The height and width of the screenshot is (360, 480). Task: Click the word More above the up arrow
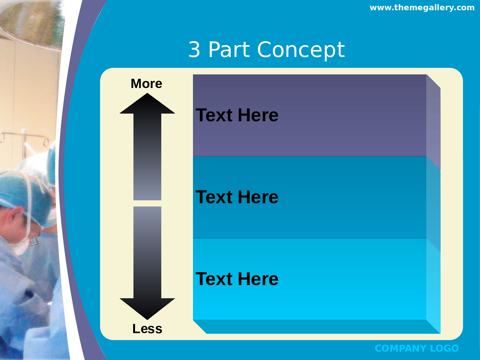point(146,84)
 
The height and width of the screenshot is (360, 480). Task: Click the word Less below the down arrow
point(147,329)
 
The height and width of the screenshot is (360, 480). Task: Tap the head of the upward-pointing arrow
point(147,103)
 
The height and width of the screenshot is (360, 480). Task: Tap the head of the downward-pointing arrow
point(147,308)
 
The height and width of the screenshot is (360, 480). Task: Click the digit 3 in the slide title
point(194,50)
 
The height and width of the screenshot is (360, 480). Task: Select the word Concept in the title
point(301,50)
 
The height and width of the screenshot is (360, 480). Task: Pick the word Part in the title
point(229,50)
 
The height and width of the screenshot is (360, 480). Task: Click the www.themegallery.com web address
point(422,8)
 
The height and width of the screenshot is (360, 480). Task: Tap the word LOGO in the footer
point(444,348)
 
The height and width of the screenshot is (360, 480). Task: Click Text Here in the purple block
point(237,115)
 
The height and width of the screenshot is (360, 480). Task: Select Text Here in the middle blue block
point(237,197)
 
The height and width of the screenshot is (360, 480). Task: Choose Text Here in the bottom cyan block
point(237,279)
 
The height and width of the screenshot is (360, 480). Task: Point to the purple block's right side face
point(433,123)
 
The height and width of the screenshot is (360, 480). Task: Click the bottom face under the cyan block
point(316,326)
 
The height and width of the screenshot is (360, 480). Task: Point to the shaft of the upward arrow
point(147,157)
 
